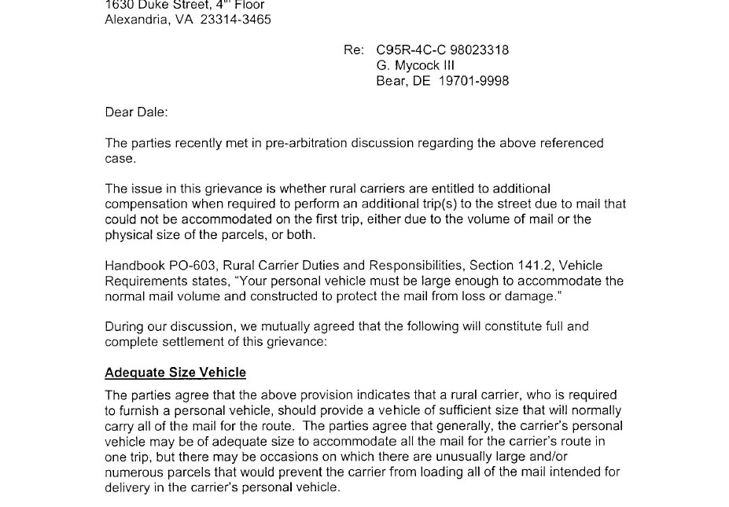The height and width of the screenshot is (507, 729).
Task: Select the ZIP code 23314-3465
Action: (236, 20)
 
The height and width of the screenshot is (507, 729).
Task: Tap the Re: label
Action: (353, 50)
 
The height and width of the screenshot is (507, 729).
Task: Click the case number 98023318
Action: (479, 50)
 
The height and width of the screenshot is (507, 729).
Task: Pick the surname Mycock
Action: (417, 66)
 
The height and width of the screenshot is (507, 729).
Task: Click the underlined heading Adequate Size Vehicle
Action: (175, 373)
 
